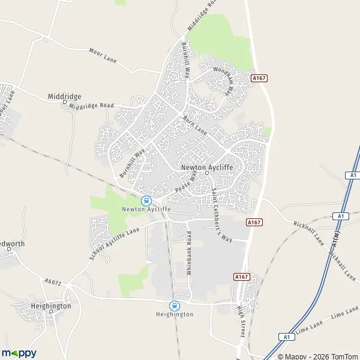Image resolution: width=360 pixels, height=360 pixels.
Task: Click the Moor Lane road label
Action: click(103, 56)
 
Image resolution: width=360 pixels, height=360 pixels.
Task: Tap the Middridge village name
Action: click(65, 97)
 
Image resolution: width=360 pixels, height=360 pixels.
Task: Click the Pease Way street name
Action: click(186, 182)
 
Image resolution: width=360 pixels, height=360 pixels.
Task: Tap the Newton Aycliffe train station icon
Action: click(146, 200)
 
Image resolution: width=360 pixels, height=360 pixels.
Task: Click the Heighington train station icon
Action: click(175, 305)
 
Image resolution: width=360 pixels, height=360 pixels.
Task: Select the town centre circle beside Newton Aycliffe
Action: click(207, 173)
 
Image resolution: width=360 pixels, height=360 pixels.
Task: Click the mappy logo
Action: click(19, 353)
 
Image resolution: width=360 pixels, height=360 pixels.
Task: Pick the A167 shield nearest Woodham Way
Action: click(259, 78)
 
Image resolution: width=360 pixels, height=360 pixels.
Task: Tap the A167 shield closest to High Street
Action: click(241, 277)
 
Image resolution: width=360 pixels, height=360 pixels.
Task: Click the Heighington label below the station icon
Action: click(175, 314)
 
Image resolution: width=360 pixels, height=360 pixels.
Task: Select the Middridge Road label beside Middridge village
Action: click(91, 106)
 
